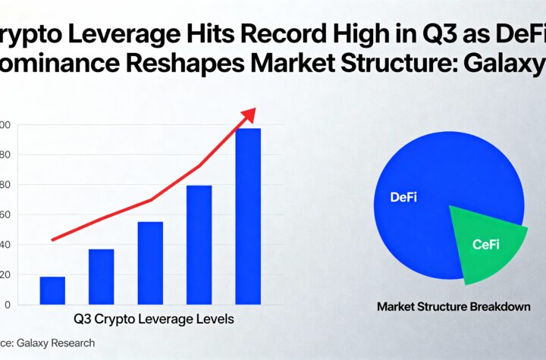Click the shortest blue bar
tap(52, 290)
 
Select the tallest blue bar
tap(248, 216)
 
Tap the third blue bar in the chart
tap(150, 262)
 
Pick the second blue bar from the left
tap(101, 277)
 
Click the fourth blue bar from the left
tap(199, 244)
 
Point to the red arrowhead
tap(248, 115)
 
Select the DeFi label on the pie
tap(404, 198)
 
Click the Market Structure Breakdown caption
tap(453, 307)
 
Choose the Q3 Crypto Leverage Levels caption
tap(154, 319)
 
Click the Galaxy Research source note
tap(49, 343)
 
